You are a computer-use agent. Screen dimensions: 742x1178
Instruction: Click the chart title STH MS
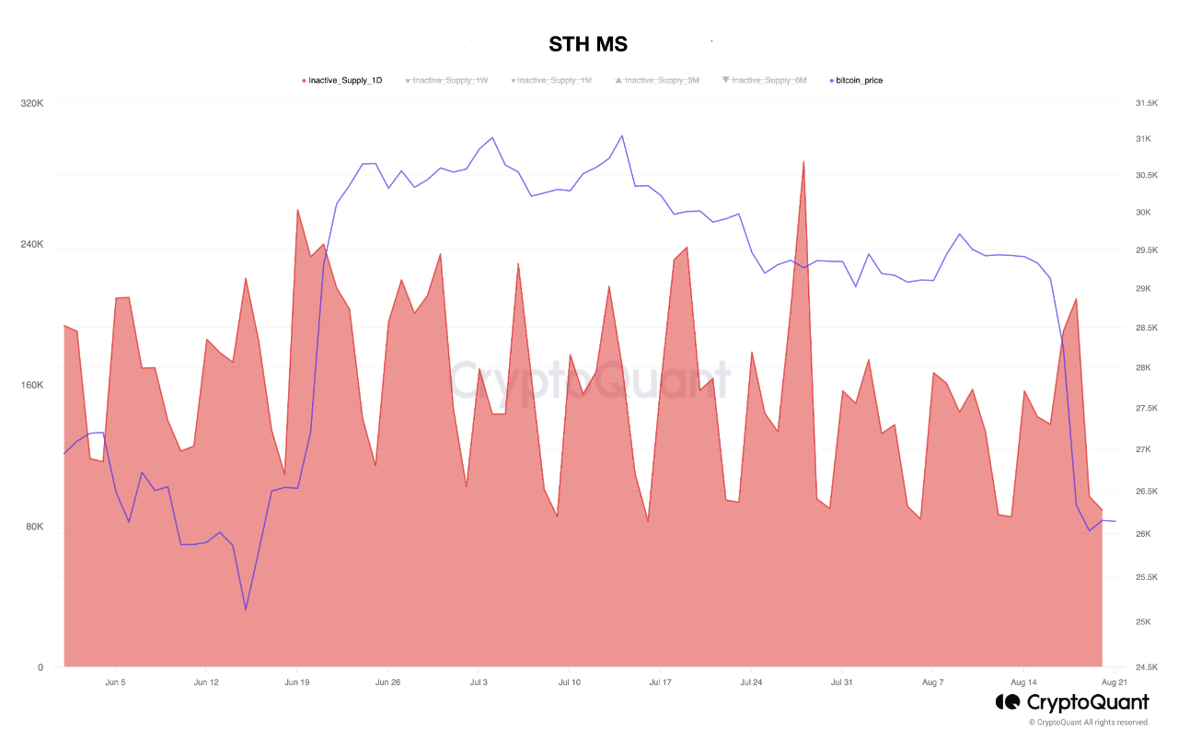[x=588, y=44]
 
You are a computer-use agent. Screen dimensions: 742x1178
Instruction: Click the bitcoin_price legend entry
[x=859, y=81]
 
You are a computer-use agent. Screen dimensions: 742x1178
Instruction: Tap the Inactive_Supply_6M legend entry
[x=768, y=81]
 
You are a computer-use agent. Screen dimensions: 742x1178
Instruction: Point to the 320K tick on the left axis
[x=32, y=103]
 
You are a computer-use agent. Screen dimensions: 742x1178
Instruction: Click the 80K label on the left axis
[x=34, y=527]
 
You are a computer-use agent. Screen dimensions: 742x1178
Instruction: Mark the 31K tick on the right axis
[x=1144, y=139]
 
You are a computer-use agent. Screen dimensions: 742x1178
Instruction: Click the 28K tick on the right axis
[x=1144, y=368]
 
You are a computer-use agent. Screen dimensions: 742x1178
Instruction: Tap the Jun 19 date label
[x=297, y=683]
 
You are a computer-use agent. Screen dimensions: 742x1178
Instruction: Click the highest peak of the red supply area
[x=803, y=162]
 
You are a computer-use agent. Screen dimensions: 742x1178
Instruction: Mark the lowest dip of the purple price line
[x=246, y=609]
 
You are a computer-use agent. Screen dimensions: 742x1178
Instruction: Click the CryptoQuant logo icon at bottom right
[x=1007, y=702]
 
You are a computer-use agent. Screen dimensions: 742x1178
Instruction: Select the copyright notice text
[x=1089, y=723]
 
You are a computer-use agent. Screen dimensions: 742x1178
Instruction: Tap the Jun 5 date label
[x=115, y=683]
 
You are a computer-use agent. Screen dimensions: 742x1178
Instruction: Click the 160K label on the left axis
[x=32, y=385]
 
